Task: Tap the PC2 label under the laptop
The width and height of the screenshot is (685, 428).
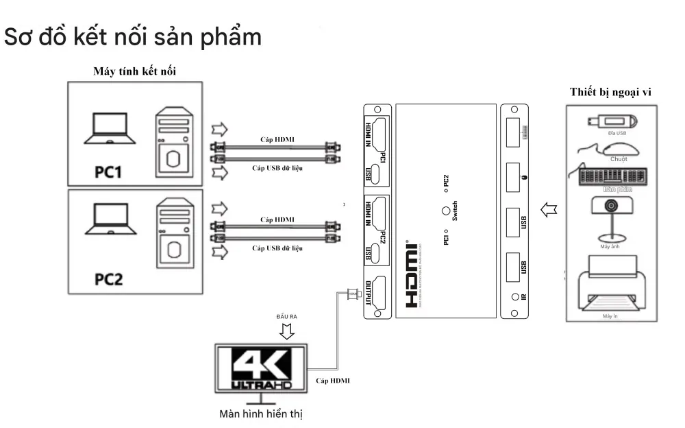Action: pyautogui.click(x=108, y=279)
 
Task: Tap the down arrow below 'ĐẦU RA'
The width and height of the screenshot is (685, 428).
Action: pyautogui.click(x=288, y=331)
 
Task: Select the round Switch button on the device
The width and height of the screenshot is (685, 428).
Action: pyautogui.click(x=446, y=213)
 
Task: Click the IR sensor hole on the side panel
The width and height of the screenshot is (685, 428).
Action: pyautogui.click(x=514, y=298)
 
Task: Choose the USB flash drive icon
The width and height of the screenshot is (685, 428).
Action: pyautogui.click(x=612, y=123)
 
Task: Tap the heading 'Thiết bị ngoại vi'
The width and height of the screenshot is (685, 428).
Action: pyautogui.click(x=610, y=92)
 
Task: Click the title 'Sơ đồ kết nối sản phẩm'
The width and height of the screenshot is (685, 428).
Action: pyautogui.click(x=133, y=37)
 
